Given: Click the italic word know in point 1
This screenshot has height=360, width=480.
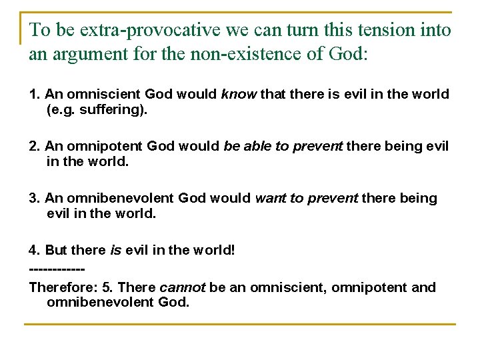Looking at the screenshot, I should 238,94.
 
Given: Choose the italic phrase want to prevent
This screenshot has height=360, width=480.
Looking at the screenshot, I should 307,198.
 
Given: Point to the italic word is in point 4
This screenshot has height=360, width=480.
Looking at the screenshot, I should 116,250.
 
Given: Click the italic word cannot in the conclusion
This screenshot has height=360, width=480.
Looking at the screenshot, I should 182,287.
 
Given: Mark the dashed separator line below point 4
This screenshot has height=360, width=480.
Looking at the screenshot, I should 57,269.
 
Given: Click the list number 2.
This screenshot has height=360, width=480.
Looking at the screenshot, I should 34,146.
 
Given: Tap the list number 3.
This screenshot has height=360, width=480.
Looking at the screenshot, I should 34,198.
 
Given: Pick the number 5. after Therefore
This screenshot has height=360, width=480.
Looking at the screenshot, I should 107,287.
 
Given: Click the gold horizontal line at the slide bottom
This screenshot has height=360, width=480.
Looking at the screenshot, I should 240,324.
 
